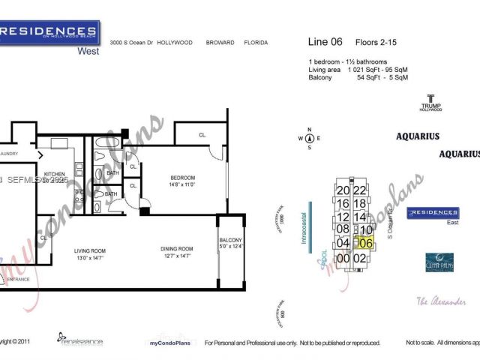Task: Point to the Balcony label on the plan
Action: tap(231, 233)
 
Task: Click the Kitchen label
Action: tap(55, 174)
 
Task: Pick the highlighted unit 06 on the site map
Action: tap(365, 242)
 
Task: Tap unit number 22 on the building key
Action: tap(359, 190)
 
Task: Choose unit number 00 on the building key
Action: tap(343, 258)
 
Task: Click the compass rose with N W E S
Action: tap(309, 138)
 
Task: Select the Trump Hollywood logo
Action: tap(430, 102)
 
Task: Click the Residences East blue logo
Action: tap(433, 214)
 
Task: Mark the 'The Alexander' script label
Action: tap(441, 301)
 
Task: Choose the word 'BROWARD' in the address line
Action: tap(218, 43)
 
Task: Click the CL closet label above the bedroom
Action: tap(202, 135)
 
